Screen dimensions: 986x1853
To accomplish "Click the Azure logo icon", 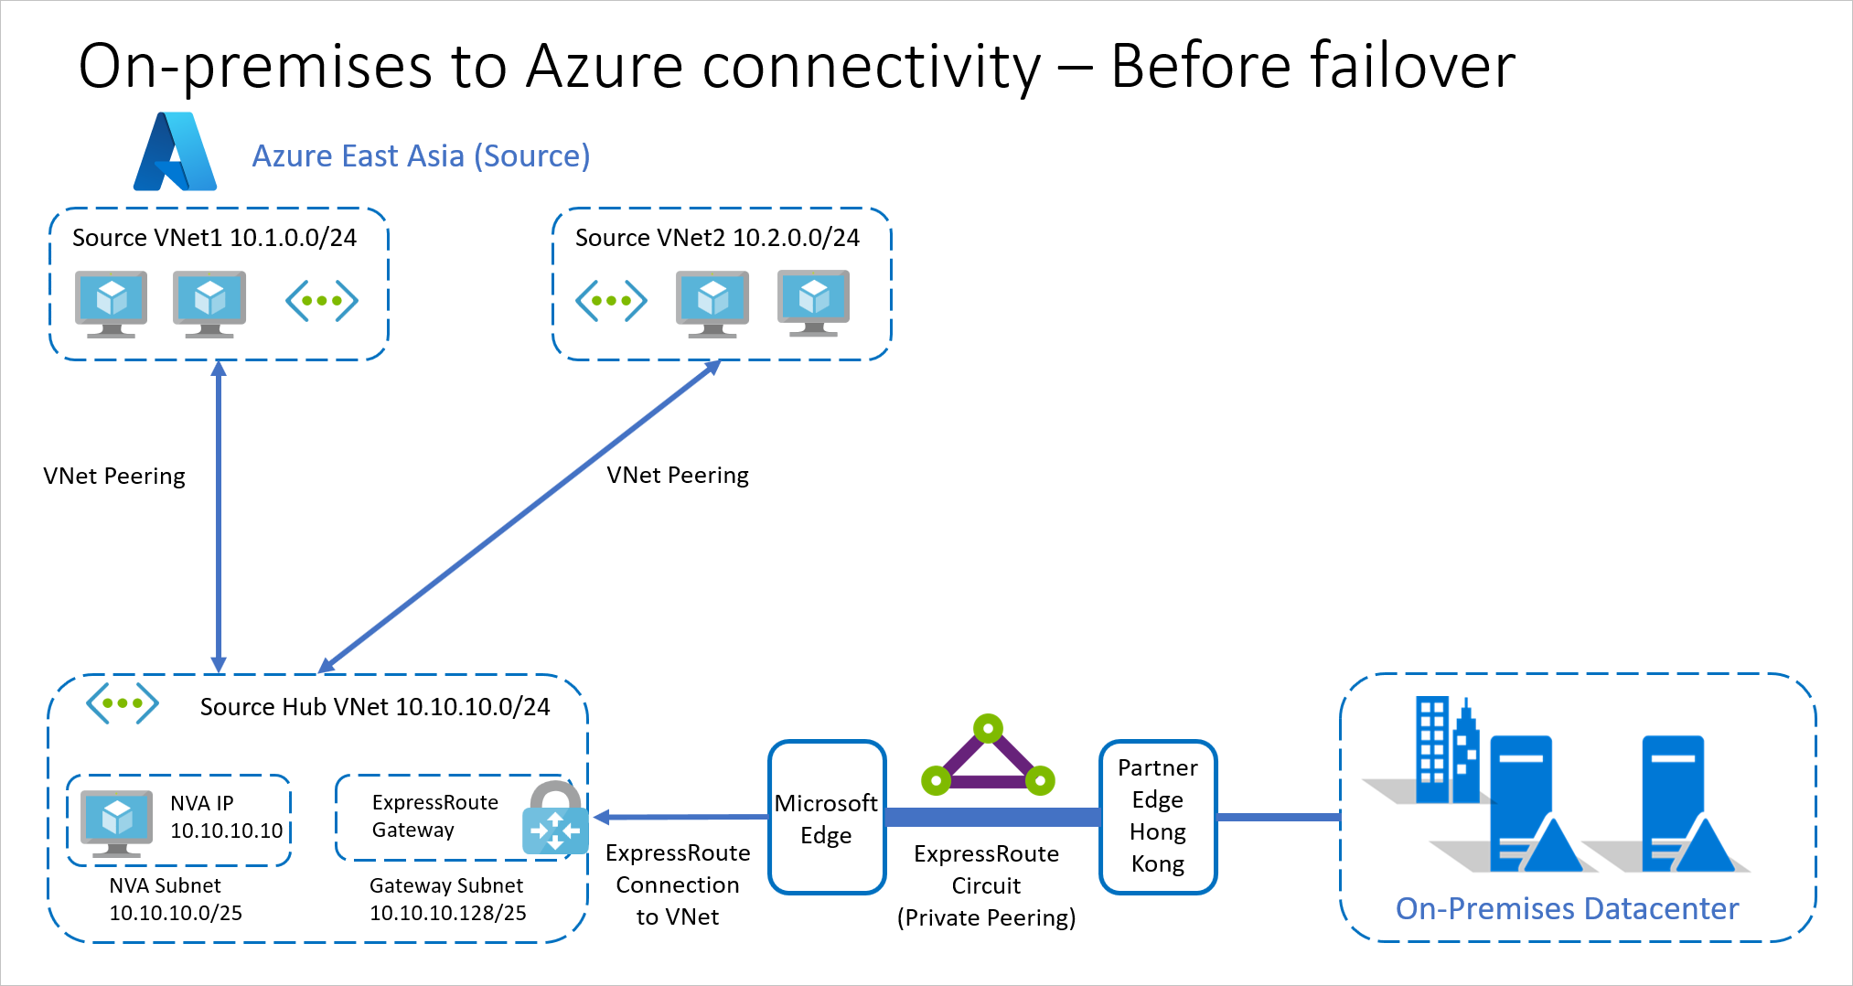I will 176,152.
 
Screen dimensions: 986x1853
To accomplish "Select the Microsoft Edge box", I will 826,818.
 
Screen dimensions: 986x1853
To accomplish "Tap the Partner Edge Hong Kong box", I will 1157,816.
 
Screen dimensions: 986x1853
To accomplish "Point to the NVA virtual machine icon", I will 116,820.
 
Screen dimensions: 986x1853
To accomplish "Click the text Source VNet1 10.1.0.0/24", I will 214,238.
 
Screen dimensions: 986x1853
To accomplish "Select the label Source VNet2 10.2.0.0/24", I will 717,238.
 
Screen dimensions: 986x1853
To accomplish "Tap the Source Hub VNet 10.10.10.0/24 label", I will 375,707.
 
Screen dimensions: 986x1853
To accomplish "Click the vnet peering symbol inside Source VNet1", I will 321,301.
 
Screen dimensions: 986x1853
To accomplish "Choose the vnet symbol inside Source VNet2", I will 611,301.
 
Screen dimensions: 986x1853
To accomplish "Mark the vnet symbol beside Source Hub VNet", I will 122,703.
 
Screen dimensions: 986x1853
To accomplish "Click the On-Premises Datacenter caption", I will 1567,908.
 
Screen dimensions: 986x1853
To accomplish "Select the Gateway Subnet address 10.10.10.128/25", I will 447,913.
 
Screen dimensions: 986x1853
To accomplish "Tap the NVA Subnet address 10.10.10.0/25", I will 176,913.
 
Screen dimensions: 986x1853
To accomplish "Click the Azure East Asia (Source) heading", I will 421,155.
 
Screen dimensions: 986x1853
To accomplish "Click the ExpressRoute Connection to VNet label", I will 678,884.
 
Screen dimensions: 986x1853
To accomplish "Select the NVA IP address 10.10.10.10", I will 226,831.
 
